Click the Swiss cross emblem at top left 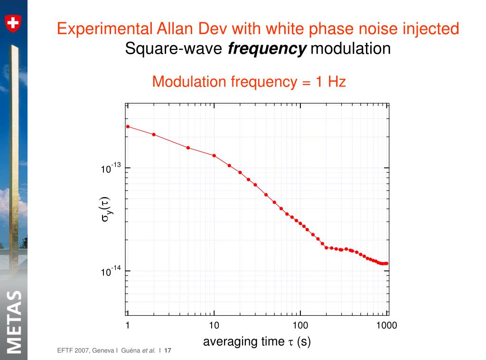[x=13, y=22]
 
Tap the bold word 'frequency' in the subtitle [x=267, y=48]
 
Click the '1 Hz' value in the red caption [x=330, y=82]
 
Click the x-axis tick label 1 [x=128, y=325]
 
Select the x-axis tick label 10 [x=214, y=325]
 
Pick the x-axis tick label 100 [x=300, y=325]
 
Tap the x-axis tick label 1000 [x=387, y=325]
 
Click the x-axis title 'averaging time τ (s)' [x=257, y=341]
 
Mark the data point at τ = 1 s [x=128, y=126]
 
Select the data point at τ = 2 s [x=154, y=134]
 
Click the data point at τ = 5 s [x=188, y=148]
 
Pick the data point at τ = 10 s [x=214, y=156]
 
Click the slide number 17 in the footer [x=168, y=351]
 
